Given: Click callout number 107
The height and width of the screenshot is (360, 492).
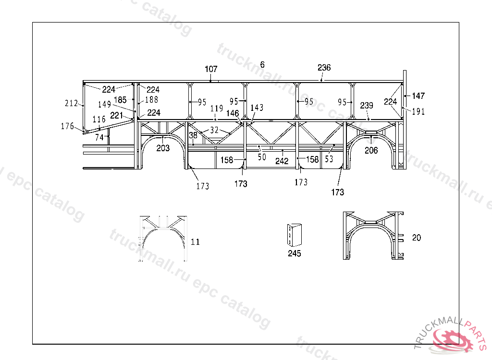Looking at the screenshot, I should pyautogui.click(x=211, y=70).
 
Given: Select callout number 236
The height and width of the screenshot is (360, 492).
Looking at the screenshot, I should pyautogui.click(x=324, y=68).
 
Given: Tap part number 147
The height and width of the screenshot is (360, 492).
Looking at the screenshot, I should pyautogui.click(x=418, y=96).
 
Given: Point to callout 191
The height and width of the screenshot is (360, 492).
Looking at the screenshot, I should pyautogui.click(x=418, y=111).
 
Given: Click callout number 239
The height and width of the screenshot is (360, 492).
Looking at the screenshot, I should pyautogui.click(x=367, y=106).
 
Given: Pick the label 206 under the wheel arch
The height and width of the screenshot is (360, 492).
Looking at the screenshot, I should pyautogui.click(x=371, y=150).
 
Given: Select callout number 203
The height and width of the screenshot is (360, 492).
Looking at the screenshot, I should pyautogui.click(x=163, y=148).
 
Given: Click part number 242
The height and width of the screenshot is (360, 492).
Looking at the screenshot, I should pyautogui.click(x=282, y=161).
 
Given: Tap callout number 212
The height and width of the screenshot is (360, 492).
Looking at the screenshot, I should pyautogui.click(x=72, y=103).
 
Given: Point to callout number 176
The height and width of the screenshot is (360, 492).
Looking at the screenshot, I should pyautogui.click(x=68, y=126).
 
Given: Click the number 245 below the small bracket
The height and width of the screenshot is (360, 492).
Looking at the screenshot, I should pyautogui.click(x=295, y=253).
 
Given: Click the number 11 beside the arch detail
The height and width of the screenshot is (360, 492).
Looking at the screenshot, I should pyautogui.click(x=195, y=242).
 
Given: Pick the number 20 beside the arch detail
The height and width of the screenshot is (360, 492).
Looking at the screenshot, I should pyautogui.click(x=417, y=238).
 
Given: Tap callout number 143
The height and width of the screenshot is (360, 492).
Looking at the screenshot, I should pyautogui.click(x=257, y=108).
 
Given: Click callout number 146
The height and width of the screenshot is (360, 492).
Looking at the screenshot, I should pyautogui.click(x=233, y=113).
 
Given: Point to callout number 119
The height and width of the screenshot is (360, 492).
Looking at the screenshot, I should pyautogui.click(x=216, y=109).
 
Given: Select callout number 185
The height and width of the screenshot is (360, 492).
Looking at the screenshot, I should pyautogui.click(x=120, y=100).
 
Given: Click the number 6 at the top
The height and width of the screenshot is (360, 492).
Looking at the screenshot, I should pyautogui.click(x=262, y=64).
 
